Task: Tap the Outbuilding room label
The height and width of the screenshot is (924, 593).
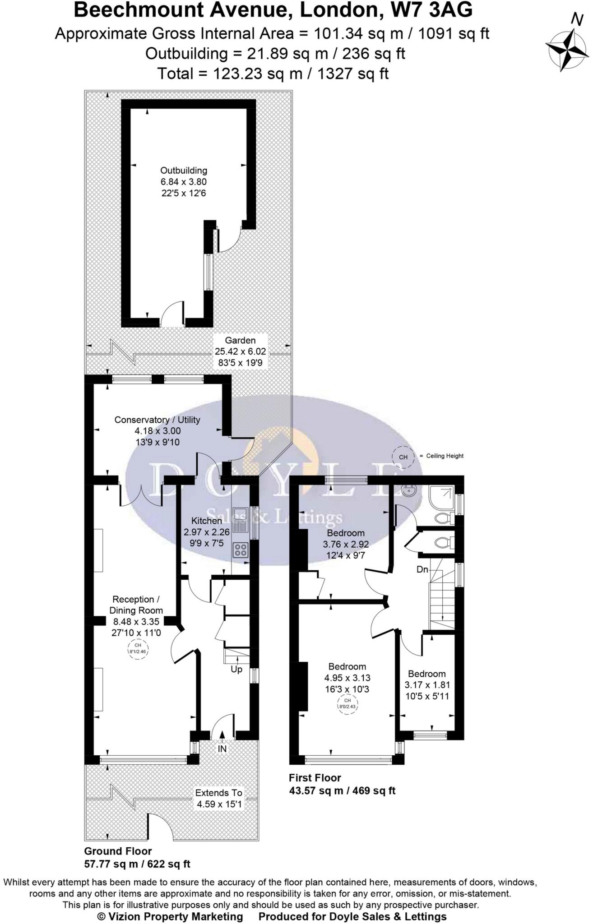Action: tap(184, 171)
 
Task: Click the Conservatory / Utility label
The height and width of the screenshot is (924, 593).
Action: tap(157, 420)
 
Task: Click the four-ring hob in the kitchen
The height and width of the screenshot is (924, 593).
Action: tap(241, 550)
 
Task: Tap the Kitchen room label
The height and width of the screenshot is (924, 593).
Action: tap(206, 521)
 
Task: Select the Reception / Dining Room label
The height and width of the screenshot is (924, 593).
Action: tap(136, 605)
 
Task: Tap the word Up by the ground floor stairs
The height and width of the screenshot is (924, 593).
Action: tap(236, 670)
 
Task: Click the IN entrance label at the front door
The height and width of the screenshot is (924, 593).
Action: tap(222, 749)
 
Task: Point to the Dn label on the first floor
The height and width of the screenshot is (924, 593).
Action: tap(422, 570)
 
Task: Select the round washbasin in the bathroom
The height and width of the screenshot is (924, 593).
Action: tap(410, 490)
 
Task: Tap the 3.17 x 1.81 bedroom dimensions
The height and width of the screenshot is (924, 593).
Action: tap(427, 685)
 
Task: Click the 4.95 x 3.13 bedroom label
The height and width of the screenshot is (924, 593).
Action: tap(347, 678)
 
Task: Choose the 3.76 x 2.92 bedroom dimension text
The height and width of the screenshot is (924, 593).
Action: tap(346, 544)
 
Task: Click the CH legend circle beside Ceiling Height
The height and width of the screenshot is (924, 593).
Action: tap(403, 457)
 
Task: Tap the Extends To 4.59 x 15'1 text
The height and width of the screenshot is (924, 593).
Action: tap(218, 798)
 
